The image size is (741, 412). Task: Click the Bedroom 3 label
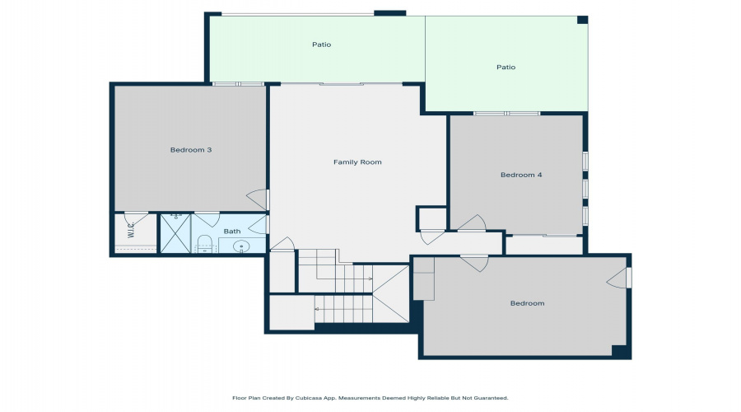click(191, 150)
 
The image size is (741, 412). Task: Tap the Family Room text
click(357, 162)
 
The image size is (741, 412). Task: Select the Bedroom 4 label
click(521, 175)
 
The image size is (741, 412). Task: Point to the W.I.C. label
click(131, 230)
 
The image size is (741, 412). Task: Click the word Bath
click(232, 232)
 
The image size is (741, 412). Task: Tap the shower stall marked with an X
click(176, 233)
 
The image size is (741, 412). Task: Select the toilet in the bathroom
click(205, 244)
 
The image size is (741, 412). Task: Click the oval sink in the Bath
click(241, 246)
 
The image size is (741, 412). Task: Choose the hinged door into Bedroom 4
click(473, 223)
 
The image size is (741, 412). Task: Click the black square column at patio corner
click(583, 20)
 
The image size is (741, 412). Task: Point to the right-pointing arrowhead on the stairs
click(370, 279)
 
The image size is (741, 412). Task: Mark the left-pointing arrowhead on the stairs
click(317, 309)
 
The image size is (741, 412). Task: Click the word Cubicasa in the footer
click(309, 398)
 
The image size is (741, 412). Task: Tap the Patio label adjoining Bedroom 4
click(506, 68)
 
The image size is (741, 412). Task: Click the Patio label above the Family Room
click(321, 44)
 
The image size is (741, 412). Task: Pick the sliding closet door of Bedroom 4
click(544, 235)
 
